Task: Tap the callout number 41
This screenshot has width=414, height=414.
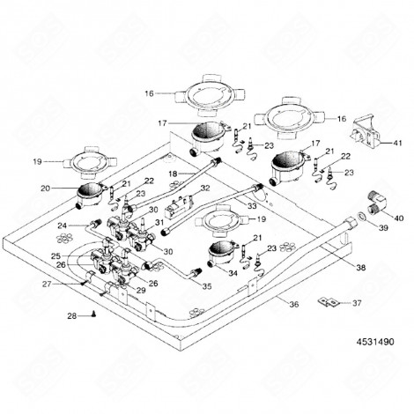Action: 397,143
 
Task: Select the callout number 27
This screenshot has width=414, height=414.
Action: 47,284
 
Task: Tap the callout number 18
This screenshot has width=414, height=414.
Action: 174,174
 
